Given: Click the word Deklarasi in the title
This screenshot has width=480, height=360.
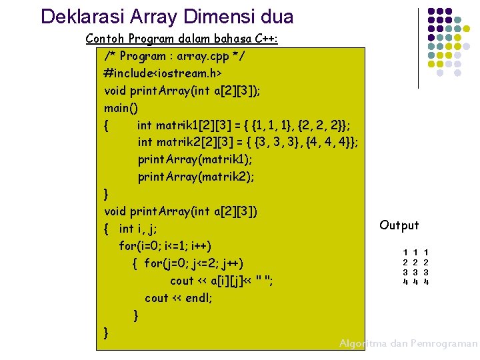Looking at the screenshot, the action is (75, 16).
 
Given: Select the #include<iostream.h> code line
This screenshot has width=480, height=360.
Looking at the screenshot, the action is (163, 73).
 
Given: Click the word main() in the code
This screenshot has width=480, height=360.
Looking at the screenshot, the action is (121, 107).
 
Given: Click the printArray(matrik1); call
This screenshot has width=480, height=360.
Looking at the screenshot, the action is (195, 159).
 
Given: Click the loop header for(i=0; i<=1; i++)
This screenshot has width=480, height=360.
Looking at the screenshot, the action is (174, 246).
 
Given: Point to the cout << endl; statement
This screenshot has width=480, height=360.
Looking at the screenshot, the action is (178, 298).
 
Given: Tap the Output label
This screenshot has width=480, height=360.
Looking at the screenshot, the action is (399, 225).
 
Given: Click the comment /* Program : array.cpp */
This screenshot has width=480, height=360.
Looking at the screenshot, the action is (175, 56).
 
